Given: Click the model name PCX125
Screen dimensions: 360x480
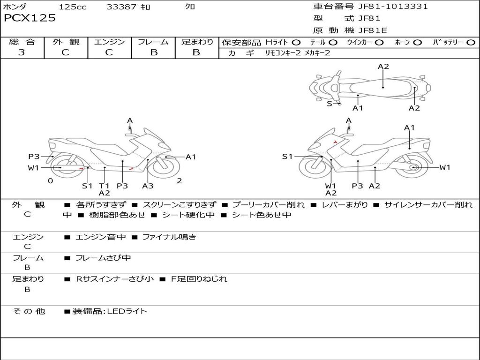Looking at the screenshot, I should click(30, 18).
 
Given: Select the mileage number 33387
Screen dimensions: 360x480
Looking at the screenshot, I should click(121, 7).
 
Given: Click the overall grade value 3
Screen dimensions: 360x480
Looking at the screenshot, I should click(22, 52).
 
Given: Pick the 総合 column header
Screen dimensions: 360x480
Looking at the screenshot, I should click(22, 42).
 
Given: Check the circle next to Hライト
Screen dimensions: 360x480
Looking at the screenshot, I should click(296, 42).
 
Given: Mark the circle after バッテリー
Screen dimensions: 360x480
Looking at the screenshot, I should click(471, 42).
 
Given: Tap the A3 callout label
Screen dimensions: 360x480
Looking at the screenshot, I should click(148, 186).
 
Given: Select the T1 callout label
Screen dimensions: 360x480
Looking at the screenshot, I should click(104, 186).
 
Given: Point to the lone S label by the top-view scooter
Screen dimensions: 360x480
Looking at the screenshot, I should click(329, 104).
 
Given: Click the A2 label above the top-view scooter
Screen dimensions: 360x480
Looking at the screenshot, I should click(383, 67).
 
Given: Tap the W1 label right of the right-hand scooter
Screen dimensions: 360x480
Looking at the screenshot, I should click(444, 167).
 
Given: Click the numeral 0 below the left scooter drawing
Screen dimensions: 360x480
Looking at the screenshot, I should click(50, 181).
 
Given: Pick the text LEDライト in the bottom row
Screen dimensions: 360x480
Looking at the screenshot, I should click(127, 311).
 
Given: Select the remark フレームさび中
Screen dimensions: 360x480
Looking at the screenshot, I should click(103, 258).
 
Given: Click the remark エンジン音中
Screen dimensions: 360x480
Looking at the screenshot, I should click(100, 237).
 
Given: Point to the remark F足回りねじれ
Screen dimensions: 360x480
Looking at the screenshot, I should click(199, 279).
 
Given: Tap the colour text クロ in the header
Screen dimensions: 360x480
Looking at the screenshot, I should click(190, 7).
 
